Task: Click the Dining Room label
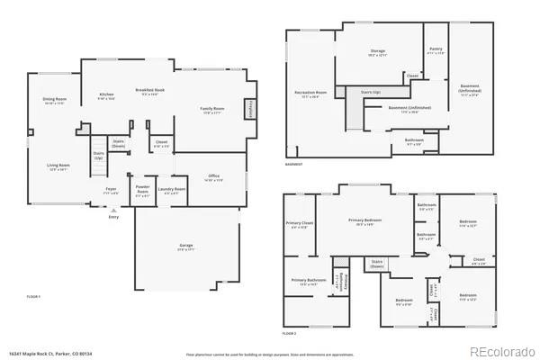(x=56, y=100)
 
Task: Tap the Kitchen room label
(x=106, y=95)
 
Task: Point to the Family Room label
(x=212, y=110)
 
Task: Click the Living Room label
(x=58, y=166)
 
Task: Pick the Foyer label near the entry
(x=111, y=190)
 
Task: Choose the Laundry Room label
(x=172, y=190)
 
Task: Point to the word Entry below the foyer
(x=113, y=218)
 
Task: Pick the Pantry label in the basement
(x=436, y=50)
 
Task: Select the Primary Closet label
(x=300, y=225)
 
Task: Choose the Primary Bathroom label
(x=306, y=281)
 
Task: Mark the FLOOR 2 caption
(x=289, y=334)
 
